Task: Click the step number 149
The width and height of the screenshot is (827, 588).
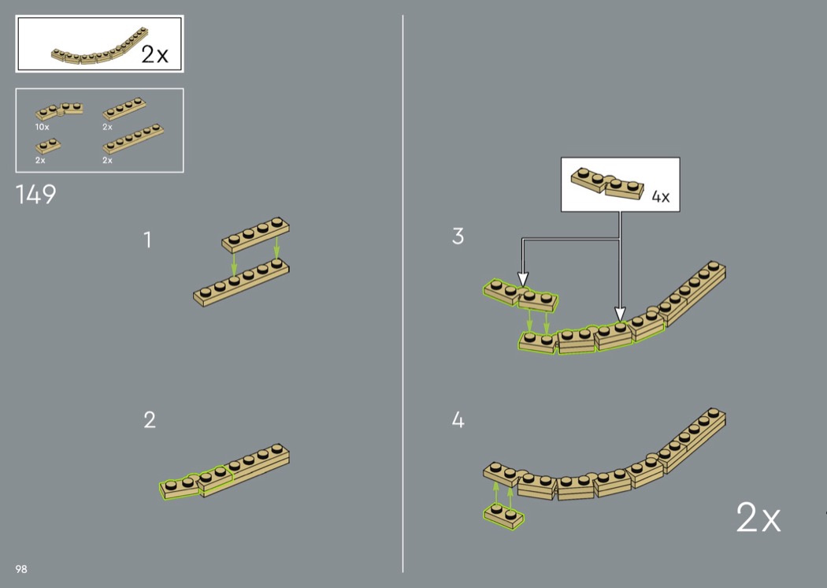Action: pyautogui.click(x=36, y=194)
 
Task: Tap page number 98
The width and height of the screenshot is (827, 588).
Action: pyautogui.click(x=21, y=569)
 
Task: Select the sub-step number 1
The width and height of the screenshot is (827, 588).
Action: pyautogui.click(x=148, y=240)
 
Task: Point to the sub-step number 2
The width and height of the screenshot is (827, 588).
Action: pyautogui.click(x=150, y=420)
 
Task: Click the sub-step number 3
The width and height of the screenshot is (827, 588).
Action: pyautogui.click(x=458, y=236)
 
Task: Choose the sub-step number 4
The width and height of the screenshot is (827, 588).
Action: pyautogui.click(x=458, y=420)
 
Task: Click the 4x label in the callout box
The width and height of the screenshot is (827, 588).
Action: pyautogui.click(x=660, y=197)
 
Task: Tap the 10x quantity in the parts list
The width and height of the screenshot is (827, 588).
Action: pyautogui.click(x=43, y=127)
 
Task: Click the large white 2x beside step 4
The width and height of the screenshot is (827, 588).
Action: pyautogui.click(x=758, y=518)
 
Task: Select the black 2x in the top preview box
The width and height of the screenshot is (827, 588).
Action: pyautogui.click(x=154, y=54)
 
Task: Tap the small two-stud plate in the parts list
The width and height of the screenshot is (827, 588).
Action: pyautogui.click(x=48, y=146)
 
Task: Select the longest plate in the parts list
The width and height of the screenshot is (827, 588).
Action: pyautogui.click(x=133, y=138)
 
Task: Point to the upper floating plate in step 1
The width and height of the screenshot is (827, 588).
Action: pyautogui.click(x=255, y=235)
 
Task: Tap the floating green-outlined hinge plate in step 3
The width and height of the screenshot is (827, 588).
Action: pyautogui.click(x=521, y=295)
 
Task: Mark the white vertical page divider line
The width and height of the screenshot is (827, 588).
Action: pyautogui.click(x=403, y=293)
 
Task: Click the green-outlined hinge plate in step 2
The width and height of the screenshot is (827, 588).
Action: pyautogui.click(x=196, y=482)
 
